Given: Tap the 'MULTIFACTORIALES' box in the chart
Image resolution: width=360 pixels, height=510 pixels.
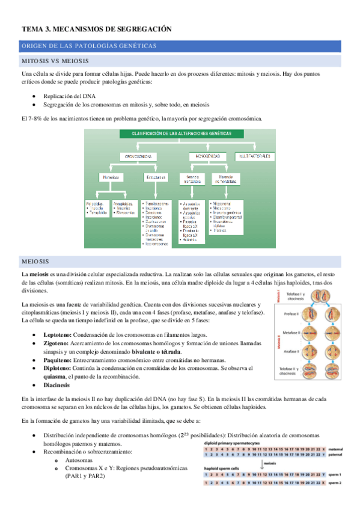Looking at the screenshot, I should (x=254, y=156).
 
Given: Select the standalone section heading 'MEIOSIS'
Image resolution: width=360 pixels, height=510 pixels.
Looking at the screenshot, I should (x=35, y=262).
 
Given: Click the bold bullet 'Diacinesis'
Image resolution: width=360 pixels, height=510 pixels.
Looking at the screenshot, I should (x=58, y=385).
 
